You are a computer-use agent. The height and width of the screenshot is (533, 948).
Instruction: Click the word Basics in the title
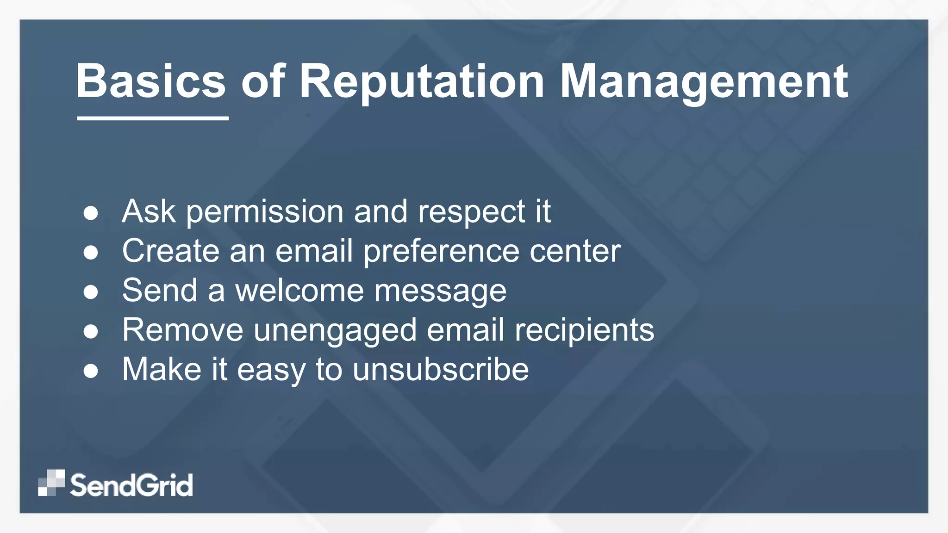coord(151,81)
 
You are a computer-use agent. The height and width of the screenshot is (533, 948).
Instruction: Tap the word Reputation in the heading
coord(422,81)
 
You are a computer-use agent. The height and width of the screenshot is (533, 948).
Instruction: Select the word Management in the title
coord(704,81)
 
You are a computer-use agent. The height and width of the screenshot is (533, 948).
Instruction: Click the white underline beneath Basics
coord(153,118)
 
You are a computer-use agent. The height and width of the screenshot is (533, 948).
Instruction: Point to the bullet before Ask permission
coord(91,213)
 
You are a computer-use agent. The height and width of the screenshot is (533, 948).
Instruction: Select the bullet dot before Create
coord(91,253)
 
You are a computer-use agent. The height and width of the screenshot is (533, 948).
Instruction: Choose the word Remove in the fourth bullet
coord(182,331)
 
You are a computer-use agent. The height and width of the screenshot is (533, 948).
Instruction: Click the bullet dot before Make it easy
coord(91,371)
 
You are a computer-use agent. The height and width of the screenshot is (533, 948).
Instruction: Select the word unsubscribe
coord(440,370)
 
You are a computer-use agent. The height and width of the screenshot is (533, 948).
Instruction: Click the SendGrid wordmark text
coord(131,485)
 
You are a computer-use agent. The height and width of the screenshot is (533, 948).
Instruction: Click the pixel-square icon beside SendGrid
coord(51,483)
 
